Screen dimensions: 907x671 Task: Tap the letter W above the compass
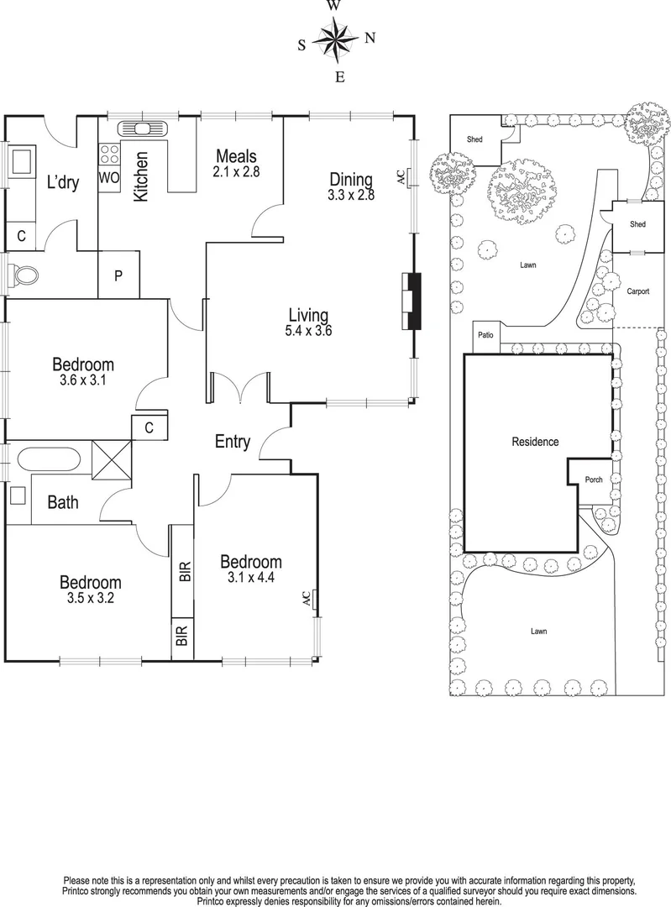click(333, 6)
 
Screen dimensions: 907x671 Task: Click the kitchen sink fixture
click(144, 128)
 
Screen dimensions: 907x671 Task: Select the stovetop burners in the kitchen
click(109, 154)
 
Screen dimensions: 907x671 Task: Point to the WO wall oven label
click(109, 178)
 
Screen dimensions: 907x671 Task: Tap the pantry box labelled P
click(119, 275)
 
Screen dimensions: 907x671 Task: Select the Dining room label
click(350, 179)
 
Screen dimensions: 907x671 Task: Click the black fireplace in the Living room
click(412, 301)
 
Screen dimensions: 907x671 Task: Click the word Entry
click(232, 442)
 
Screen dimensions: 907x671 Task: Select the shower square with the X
click(111, 460)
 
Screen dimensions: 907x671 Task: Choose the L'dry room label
click(62, 182)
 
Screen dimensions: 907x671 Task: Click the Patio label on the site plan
click(485, 335)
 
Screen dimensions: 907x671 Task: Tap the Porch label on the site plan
click(594, 480)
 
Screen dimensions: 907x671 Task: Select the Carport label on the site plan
click(642, 291)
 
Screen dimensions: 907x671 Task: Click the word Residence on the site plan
click(535, 442)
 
